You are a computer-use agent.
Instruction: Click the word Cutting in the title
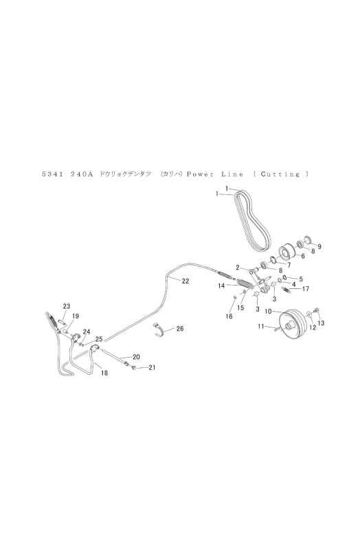(280, 174)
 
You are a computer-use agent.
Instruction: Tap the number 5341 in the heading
(52, 174)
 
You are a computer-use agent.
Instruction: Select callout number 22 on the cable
(185, 281)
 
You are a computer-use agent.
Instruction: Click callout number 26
(180, 329)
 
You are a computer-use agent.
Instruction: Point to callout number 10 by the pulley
(268, 312)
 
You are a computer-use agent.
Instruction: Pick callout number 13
(321, 323)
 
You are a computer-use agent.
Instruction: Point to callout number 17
(306, 289)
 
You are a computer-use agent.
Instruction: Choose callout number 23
(67, 306)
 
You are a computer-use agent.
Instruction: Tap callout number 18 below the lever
(104, 373)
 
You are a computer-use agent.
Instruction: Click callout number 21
(152, 367)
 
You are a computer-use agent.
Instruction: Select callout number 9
(319, 246)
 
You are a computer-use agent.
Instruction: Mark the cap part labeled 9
(308, 240)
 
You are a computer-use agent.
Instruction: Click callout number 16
(229, 316)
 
